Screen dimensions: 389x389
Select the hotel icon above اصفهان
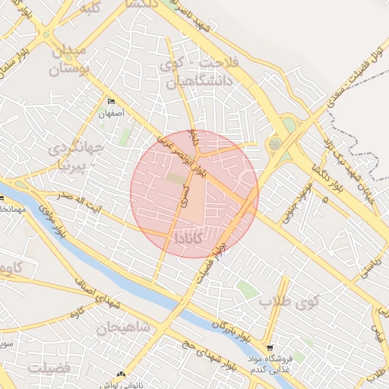coord(112,102)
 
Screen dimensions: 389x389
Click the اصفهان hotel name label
coord(110,113)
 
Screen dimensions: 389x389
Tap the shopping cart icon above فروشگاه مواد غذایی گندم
coord(269,347)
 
